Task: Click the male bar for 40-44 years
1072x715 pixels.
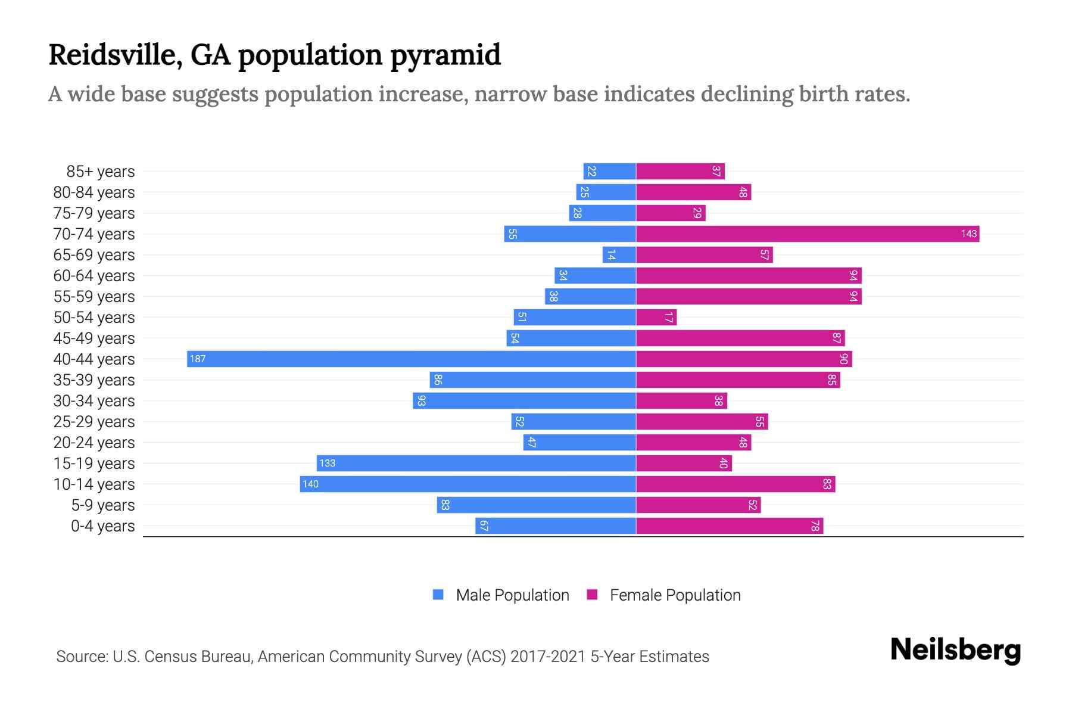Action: pos(411,359)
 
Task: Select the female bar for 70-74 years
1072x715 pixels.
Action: pos(807,234)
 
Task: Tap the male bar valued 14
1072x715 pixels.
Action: pos(619,255)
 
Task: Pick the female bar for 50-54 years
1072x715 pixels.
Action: pos(656,318)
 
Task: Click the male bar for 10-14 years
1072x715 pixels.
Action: pos(468,484)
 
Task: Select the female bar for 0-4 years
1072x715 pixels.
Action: pos(730,526)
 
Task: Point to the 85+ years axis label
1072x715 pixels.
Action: pos(101,172)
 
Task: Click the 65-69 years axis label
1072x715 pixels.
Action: pos(94,255)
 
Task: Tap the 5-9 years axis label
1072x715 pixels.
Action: pos(103,505)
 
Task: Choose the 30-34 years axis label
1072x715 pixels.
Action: pos(94,401)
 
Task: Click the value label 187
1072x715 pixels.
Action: pos(198,359)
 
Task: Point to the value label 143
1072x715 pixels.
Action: pos(968,234)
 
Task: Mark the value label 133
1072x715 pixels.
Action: pos(327,463)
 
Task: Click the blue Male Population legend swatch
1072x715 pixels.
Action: pos(438,595)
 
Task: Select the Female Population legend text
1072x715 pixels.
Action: pos(675,595)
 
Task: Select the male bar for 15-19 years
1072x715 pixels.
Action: pos(476,463)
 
